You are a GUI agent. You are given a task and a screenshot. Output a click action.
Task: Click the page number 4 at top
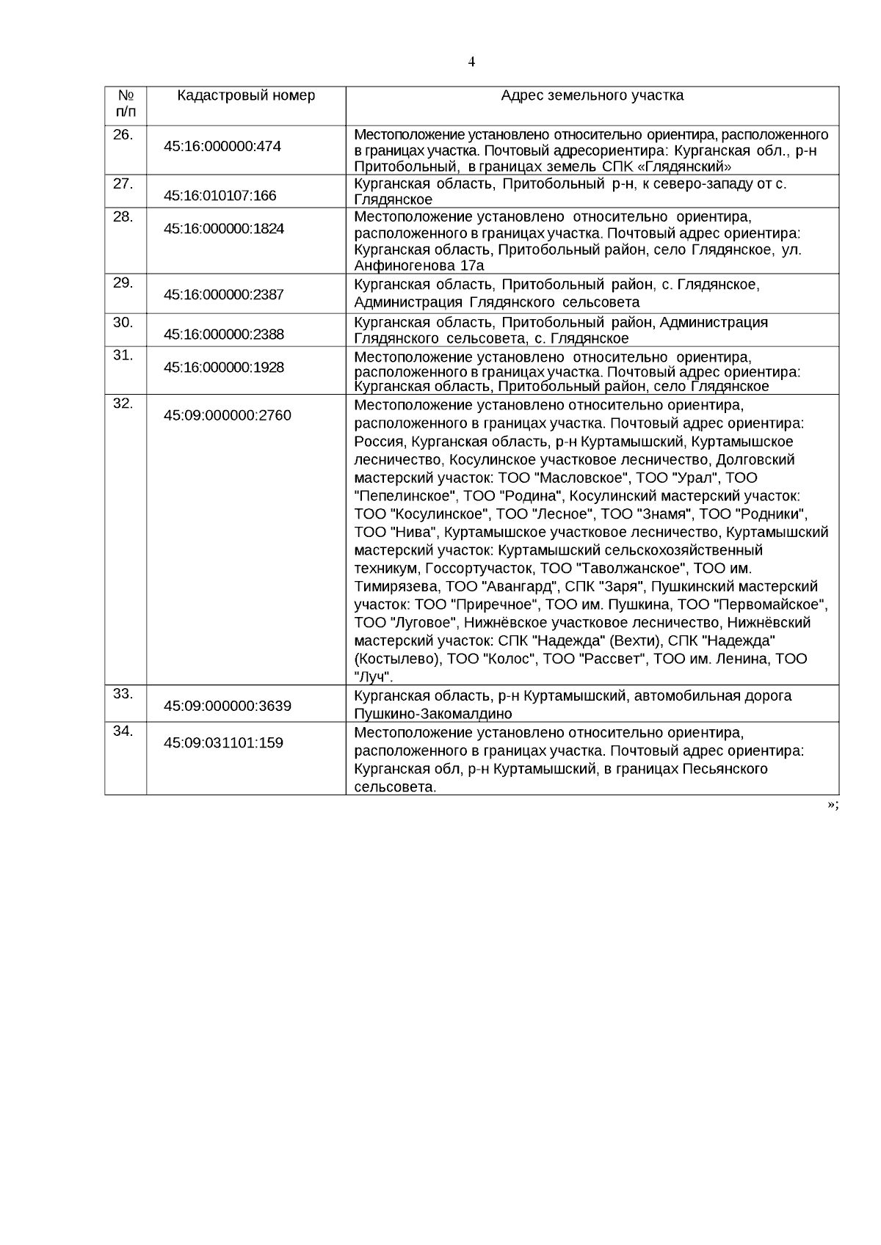pyautogui.click(x=471, y=62)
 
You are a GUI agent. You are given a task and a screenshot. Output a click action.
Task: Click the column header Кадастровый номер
pyautogui.click(x=246, y=95)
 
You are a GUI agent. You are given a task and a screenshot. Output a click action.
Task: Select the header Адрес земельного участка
pyautogui.click(x=592, y=95)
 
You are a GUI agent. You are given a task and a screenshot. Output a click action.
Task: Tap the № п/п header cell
pyautogui.click(x=126, y=104)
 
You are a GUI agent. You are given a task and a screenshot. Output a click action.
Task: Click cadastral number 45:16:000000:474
pyautogui.click(x=222, y=146)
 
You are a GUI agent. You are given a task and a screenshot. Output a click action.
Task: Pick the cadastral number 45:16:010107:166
pyautogui.click(x=220, y=195)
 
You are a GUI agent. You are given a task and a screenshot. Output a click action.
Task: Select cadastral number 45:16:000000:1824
pyautogui.click(x=224, y=228)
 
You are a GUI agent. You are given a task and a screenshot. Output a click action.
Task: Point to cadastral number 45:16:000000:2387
pyautogui.click(x=224, y=294)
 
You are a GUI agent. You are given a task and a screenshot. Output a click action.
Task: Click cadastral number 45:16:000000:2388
pyautogui.click(x=224, y=334)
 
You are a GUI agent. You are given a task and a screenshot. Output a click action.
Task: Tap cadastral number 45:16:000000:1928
pyautogui.click(x=224, y=367)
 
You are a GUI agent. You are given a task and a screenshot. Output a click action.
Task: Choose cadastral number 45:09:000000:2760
pyautogui.click(x=228, y=415)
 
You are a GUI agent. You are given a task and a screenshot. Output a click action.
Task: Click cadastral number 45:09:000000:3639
pyautogui.click(x=228, y=706)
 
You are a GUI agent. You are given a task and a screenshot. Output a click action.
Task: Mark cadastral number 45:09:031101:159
pyautogui.click(x=223, y=742)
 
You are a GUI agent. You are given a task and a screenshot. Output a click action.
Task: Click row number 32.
pyautogui.click(x=123, y=403)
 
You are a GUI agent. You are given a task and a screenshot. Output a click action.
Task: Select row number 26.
pyautogui.click(x=123, y=134)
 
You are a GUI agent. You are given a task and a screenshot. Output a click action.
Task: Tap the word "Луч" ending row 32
pyautogui.click(x=373, y=676)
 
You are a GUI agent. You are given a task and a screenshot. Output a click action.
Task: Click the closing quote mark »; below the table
pyautogui.click(x=833, y=805)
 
